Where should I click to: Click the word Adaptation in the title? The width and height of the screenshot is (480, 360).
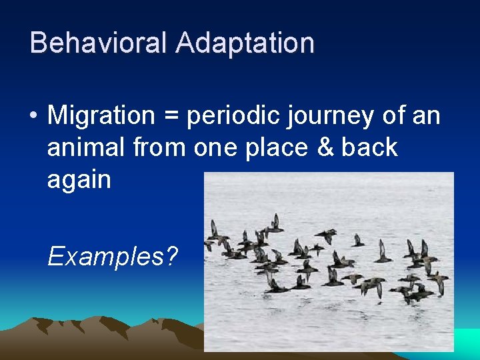pyautogui.click(x=245, y=43)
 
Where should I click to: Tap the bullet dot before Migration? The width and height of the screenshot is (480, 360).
pyautogui.click(x=33, y=117)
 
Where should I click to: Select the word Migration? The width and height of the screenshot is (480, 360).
pyautogui.click(x=101, y=116)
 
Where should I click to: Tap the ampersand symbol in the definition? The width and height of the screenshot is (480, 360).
pyautogui.click(x=325, y=147)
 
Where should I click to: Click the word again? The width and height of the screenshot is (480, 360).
pyautogui.click(x=79, y=181)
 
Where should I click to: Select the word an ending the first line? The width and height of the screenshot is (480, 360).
pyautogui.click(x=427, y=117)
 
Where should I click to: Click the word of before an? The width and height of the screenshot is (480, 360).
pyautogui.click(x=391, y=116)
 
